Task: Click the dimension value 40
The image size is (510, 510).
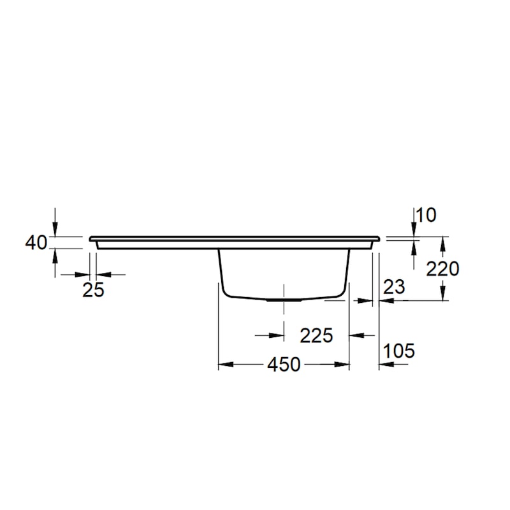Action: [36, 243]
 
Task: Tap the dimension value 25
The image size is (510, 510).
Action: [93, 290]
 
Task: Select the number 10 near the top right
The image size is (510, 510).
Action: [426, 215]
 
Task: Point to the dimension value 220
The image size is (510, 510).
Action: [442, 269]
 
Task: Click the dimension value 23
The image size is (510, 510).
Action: [394, 287]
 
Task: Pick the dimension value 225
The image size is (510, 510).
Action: [316, 336]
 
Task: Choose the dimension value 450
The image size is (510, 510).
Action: [284, 365]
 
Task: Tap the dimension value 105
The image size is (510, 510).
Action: [399, 351]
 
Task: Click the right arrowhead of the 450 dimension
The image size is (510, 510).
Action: [342, 365]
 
